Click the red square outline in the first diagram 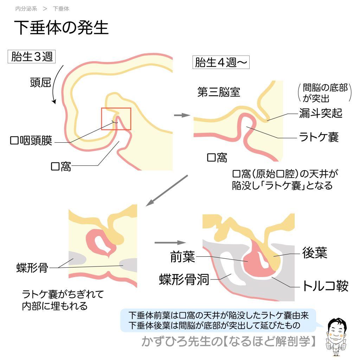pos(116,119)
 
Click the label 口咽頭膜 pos(31,141)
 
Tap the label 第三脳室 pos(219,92)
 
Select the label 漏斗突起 pos(320,113)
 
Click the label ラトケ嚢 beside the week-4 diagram pos(319,137)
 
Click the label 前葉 pos(182,257)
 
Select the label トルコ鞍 pos(325,286)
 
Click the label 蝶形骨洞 pos(184,280)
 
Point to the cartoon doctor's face pos(336,329)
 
